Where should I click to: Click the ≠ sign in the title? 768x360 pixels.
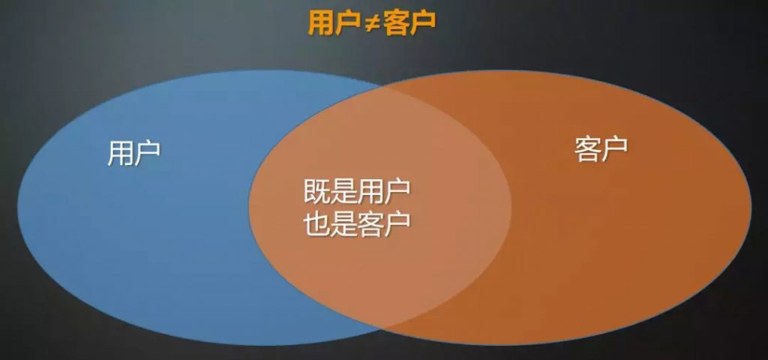point(372,24)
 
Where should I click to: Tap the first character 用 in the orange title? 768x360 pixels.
point(321,23)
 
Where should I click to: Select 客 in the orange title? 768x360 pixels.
point(397,23)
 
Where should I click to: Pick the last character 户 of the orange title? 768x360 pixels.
point(423,23)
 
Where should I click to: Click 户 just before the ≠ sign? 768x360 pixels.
point(347,23)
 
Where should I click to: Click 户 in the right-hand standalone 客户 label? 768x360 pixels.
point(614,149)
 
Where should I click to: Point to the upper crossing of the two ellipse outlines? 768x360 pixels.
point(381,85)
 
